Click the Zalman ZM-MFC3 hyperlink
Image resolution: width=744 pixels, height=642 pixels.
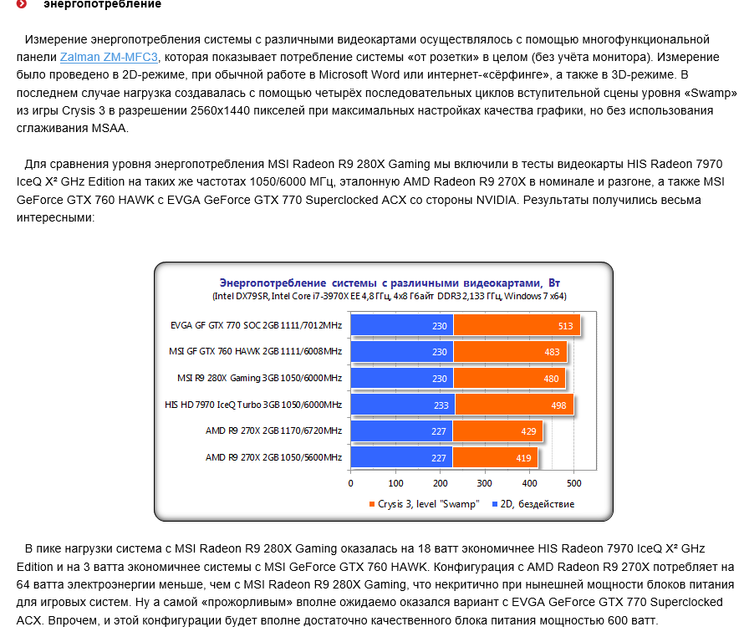click(109, 57)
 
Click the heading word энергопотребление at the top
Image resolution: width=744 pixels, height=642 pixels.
click(103, 5)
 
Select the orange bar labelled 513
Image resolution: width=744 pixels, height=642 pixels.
click(517, 326)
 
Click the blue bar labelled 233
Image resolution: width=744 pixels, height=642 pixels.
click(402, 405)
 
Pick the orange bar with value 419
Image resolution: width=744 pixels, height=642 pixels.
click(495, 457)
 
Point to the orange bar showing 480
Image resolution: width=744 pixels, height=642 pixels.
click(509, 379)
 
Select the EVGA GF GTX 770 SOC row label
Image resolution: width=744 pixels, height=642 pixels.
click(256, 326)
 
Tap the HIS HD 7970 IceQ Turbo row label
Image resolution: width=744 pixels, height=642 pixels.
click(253, 405)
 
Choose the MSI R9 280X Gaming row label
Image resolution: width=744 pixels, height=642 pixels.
click(259, 379)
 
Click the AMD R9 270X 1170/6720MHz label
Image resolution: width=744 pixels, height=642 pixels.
click(273, 431)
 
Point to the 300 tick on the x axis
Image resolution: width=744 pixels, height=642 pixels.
click(485, 483)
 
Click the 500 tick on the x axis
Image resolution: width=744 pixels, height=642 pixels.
click(573, 483)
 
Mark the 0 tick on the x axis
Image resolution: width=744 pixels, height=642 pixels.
click(351, 483)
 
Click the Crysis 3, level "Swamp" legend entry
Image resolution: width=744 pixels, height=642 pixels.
click(423, 504)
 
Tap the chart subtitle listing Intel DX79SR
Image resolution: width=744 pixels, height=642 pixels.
click(390, 296)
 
